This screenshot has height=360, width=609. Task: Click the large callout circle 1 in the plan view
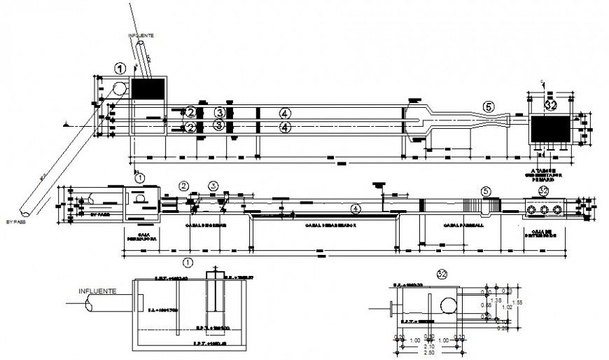pos(120,69)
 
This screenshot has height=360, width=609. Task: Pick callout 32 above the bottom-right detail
pos(442,273)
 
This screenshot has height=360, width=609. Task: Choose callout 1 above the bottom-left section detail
pos(187,262)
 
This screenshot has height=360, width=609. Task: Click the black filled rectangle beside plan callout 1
pos(148,88)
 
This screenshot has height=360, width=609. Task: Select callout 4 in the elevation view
pos(356,208)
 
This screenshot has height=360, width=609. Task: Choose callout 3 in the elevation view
pos(213,186)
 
